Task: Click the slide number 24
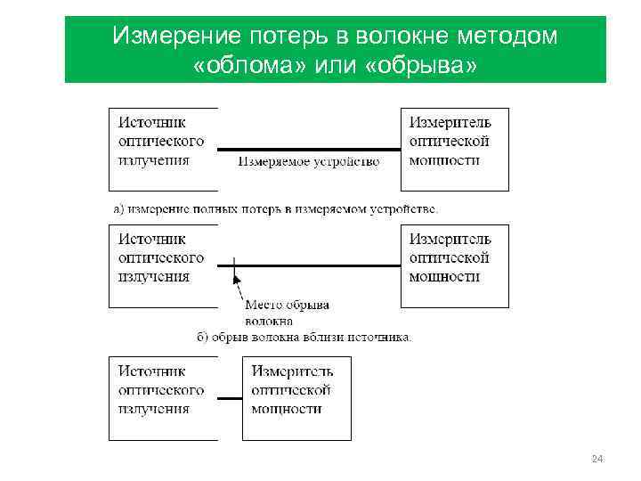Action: [597, 459]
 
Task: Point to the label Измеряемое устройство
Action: [309, 162]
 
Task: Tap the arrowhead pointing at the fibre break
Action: [237, 279]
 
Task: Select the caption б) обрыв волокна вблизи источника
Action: [304, 338]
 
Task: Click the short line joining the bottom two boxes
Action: [230, 399]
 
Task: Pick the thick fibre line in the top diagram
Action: [309, 150]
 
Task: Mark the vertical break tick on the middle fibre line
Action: [233, 265]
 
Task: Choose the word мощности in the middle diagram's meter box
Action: [444, 277]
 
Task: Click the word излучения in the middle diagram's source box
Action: [154, 277]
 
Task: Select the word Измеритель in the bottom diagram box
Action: [293, 371]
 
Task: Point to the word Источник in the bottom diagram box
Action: [153, 371]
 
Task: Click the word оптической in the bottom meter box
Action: [292, 390]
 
